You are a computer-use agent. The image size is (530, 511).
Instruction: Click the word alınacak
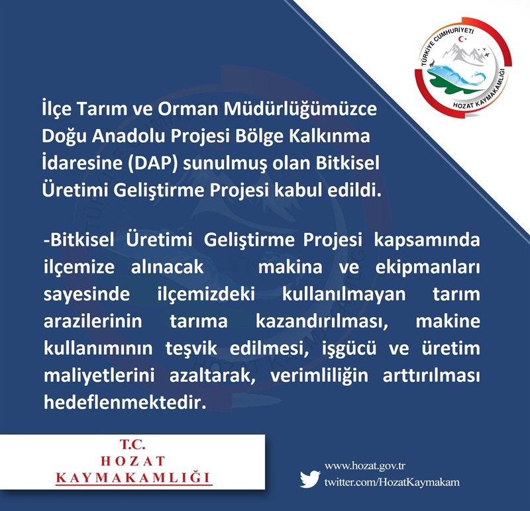click(x=168, y=267)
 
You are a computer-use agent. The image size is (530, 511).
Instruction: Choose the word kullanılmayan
click(x=344, y=295)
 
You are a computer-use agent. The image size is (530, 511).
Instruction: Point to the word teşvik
click(x=191, y=349)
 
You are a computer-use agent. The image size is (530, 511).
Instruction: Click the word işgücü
click(x=349, y=349)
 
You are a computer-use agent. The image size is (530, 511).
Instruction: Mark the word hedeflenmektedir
click(x=125, y=402)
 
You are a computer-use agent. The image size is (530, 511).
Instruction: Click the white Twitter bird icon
click(x=310, y=479)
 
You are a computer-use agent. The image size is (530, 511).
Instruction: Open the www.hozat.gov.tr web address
click(x=365, y=467)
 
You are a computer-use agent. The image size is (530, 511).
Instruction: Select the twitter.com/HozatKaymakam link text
click(x=392, y=482)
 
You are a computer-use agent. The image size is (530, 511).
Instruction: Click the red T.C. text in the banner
click(x=132, y=444)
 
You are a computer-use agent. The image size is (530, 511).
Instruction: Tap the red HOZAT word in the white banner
click(x=132, y=461)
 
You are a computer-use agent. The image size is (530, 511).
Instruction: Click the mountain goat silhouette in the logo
click(x=432, y=63)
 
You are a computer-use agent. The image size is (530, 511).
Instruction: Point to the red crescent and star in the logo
click(x=462, y=39)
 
